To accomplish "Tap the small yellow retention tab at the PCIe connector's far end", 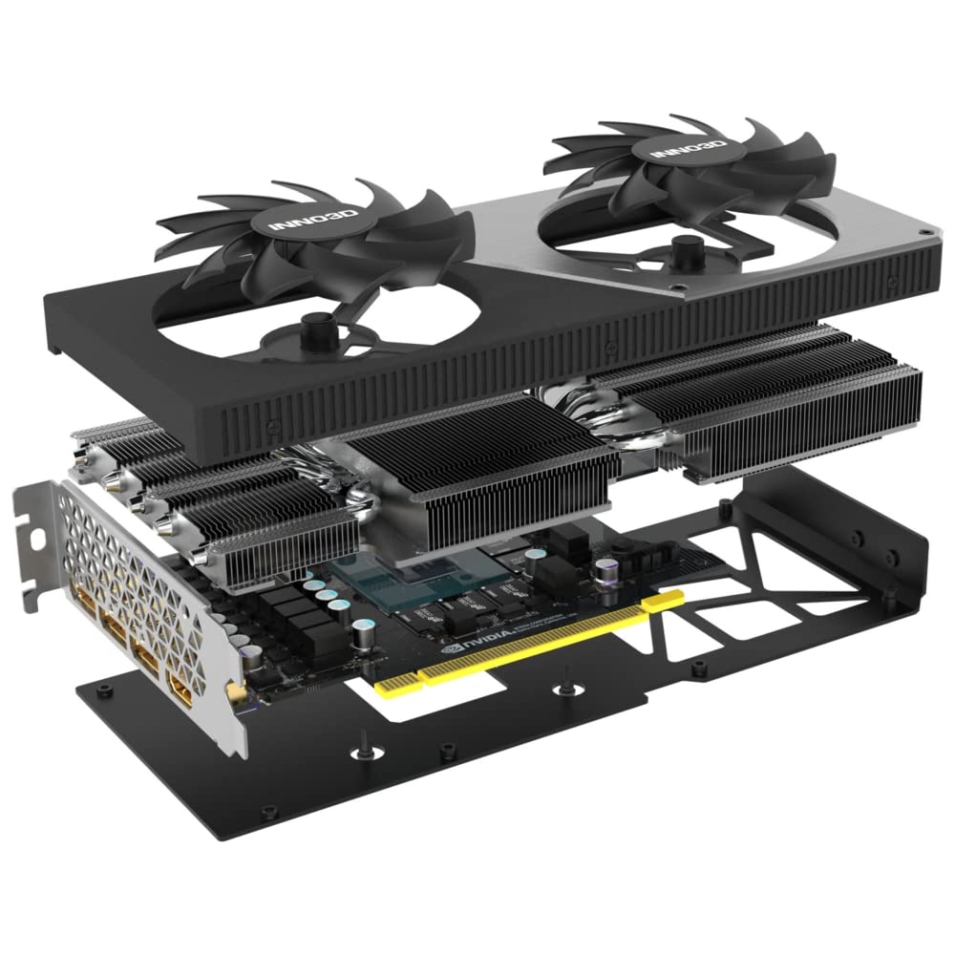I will coord(668,597).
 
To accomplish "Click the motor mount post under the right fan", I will coord(685,254).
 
